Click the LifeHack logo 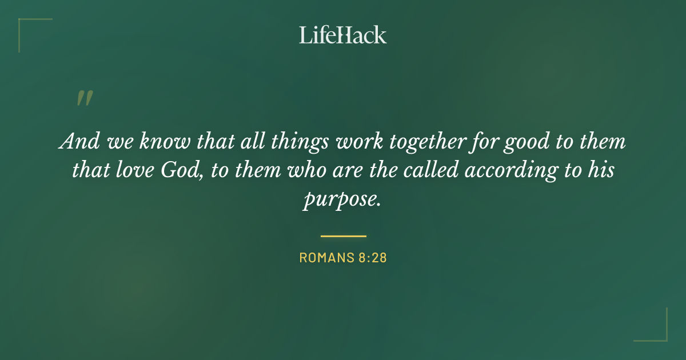(343, 35)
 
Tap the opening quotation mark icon (84, 98)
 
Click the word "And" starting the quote (77, 141)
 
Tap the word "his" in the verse (601, 170)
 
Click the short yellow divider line (343, 235)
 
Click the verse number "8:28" (373, 258)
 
